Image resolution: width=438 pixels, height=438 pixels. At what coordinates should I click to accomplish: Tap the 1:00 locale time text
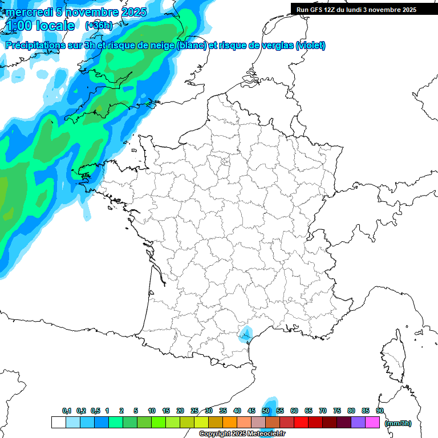[x=40, y=26]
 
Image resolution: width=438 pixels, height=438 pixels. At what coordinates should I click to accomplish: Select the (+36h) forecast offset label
[x=98, y=26]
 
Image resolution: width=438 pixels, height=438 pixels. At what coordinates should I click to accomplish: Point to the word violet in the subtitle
[x=310, y=45]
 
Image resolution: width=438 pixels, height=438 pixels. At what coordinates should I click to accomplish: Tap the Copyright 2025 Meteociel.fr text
[x=242, y=434]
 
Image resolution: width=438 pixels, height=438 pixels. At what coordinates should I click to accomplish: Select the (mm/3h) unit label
[x=398, y=423]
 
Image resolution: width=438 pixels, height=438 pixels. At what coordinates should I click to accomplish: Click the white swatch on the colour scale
[x=58, y=423]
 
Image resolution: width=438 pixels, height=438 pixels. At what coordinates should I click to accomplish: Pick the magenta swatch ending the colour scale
[x=372, y=423]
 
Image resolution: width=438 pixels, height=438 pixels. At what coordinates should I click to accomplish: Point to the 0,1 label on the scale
[x=67, y=411]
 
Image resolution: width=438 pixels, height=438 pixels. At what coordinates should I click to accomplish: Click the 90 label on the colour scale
[x=380, y=411]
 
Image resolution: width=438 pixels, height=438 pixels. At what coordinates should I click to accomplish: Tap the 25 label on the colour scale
[x=194, y=411]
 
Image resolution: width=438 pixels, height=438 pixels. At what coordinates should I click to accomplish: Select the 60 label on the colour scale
[x=294, y=411]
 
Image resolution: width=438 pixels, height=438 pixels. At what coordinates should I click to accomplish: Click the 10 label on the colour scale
[x=152, y=411]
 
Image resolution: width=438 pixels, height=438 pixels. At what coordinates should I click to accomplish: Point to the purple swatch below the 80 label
[x=358, y=423]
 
